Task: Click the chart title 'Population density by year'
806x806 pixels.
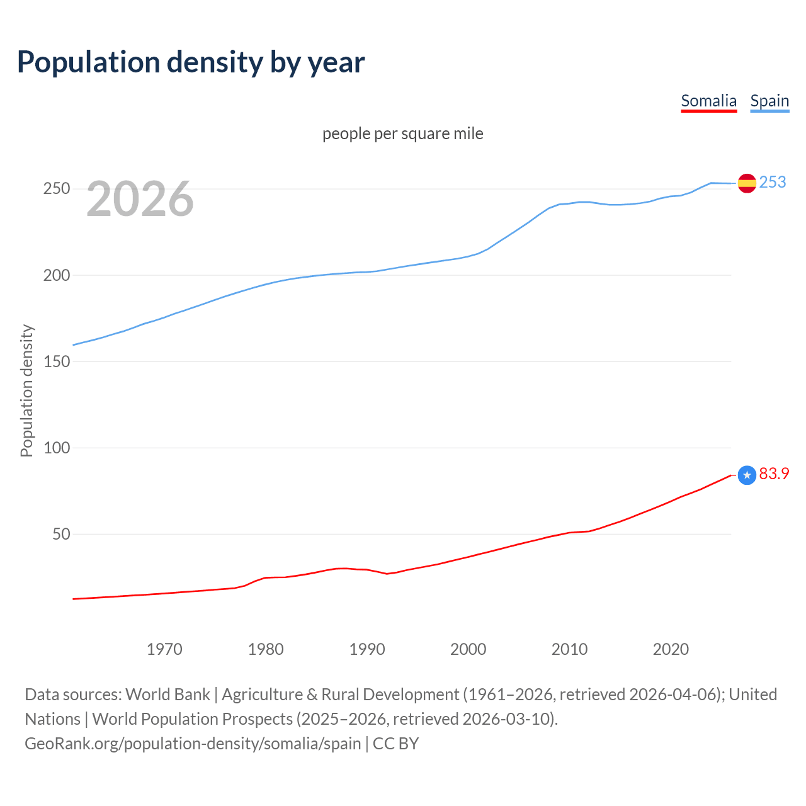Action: click(x=191, y=62)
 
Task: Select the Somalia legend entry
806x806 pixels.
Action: click(x=708, y=101)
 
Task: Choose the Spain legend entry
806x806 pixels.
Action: click(x=769, y=101)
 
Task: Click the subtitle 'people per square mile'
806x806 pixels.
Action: click(x=403, y=133)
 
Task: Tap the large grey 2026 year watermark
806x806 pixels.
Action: click(x=140, y=199)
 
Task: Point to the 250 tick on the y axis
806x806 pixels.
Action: click(x=57, y=189)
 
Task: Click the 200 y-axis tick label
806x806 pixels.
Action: click(x=57, y=275)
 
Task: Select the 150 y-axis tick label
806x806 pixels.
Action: click(x=57, y=361)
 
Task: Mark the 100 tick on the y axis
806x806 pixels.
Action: click(x=57, y=448)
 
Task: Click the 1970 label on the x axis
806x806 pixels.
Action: click(x=164, y=649)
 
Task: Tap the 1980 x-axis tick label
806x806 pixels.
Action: click(x=266, y=649)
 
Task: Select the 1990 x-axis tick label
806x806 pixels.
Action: click(x=367, y=649)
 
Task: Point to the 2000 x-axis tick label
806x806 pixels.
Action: click(x=468, y=649)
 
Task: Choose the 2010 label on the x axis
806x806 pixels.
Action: click(x=570, y=649)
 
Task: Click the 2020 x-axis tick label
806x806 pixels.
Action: click(x=671, y=649)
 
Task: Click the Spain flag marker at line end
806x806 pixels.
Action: click(x=747, y=183)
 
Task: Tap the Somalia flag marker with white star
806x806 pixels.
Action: click(x=747, y=475)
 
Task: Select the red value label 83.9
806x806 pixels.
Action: click(x=774, y=474)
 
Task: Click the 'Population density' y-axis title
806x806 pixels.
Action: click(x=26, y=390)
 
